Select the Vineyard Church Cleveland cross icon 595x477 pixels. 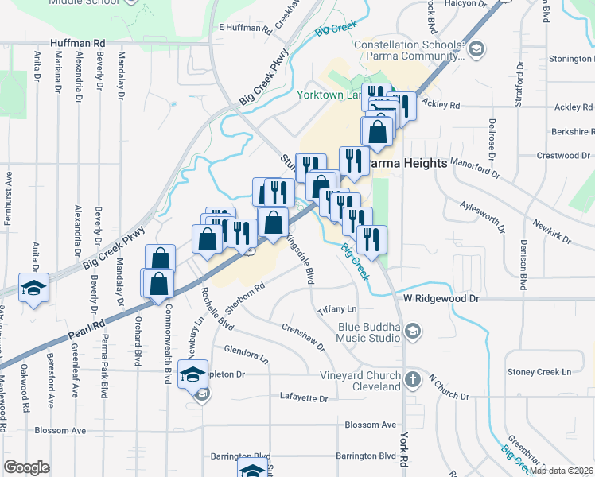pos(412,380)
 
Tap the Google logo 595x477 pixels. pos(26,467)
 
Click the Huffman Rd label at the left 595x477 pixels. pos(77,42)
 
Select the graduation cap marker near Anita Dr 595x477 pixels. pos(33,288)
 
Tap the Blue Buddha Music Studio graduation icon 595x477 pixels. pos(412,331)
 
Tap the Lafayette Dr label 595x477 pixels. pos(304,397)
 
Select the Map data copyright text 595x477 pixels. pos(560,471)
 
